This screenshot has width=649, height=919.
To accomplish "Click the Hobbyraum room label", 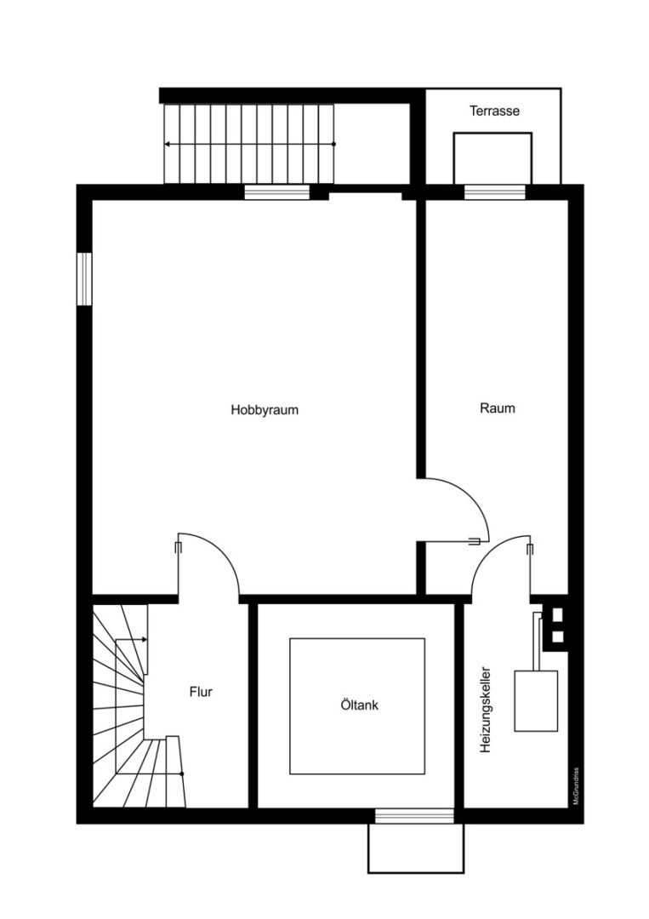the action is [265, 409].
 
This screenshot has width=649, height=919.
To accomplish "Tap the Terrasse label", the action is [494, 110].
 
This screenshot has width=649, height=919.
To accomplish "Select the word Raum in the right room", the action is [498, 408].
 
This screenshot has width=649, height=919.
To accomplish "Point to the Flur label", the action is [201, 692].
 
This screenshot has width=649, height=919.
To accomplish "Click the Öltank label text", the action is [359, 705].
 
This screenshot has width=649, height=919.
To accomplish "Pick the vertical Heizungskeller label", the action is [485, 710].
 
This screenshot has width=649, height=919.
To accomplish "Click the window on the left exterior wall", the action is [84, 279].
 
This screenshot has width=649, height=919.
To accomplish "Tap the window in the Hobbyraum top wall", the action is [276, 192].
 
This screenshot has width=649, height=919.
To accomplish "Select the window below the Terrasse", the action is [495, 192].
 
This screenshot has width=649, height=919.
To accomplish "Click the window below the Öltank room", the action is [414, 816].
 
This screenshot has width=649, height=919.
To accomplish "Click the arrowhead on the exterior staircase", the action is [168, 144].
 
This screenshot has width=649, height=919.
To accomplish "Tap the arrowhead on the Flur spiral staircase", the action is [144, 639].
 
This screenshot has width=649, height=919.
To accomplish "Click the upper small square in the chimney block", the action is [558, 615].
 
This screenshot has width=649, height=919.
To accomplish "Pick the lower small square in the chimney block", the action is [558, 636].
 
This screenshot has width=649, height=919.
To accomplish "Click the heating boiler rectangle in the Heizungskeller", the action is [536, 701].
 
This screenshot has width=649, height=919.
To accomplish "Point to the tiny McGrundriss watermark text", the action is [577, 785].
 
